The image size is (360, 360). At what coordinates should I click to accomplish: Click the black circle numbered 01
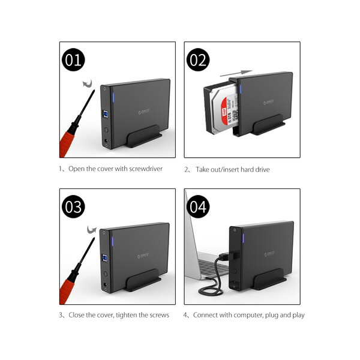coord(73,59)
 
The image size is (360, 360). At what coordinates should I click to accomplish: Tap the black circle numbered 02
coord(198,59)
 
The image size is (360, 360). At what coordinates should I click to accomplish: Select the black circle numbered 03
coord(73,206)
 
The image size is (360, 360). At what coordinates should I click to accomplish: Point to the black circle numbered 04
coord(198,206)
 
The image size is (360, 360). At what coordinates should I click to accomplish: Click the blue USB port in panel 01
coord(106,114)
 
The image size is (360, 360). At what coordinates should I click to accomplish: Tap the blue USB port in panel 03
coord(105,258)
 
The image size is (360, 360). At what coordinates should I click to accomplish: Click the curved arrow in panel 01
coord(88,84)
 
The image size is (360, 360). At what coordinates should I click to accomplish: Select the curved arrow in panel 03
coord(92,230)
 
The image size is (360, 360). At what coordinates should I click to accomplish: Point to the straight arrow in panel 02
coord(236,73)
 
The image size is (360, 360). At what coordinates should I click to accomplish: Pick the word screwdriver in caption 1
coord(146,169)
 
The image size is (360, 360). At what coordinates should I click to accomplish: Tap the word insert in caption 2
coord(231,169)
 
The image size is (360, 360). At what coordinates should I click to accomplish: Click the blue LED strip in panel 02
coord(241,89)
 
